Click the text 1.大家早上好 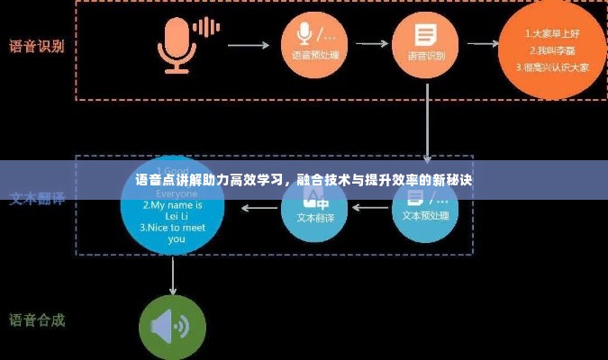point(551,33)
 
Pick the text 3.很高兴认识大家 point(551,66)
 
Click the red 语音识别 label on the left point(36,46)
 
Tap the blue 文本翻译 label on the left point(36,198)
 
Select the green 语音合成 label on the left point(36,320)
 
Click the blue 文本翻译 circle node point(314,210)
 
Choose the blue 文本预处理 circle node point(426,210)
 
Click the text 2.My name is point(172,204)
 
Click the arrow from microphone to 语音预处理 point(244,43)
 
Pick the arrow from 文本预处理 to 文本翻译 point(370,208)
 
